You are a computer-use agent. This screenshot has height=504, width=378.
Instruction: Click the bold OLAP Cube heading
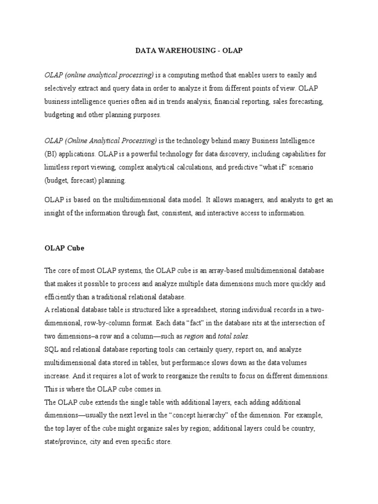tap(64, 248)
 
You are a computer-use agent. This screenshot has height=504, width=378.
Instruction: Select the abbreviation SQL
tap(52, 349)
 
